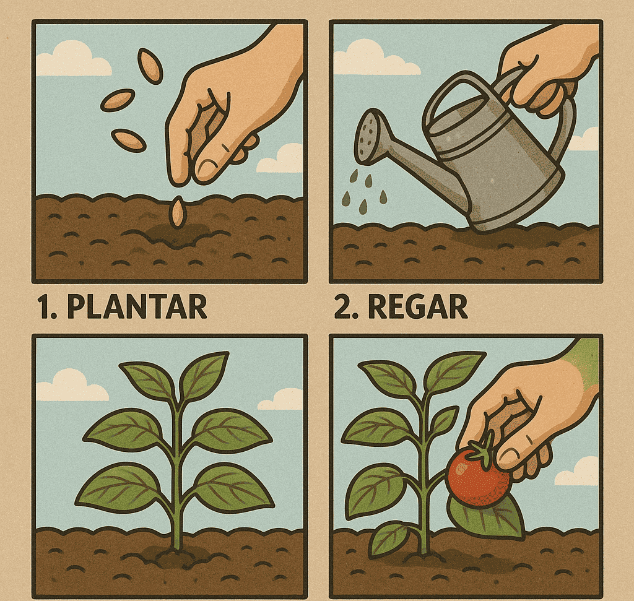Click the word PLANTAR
coord(137,307)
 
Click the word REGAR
coord(417,307)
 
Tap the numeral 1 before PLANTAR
coord(45,307)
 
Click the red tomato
coord(477,477)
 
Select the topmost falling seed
coord(150,66)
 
